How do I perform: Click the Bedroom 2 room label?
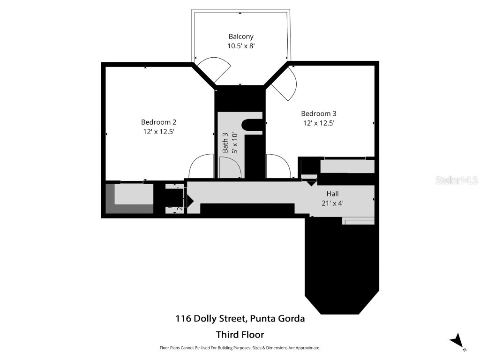(x=159, y=123)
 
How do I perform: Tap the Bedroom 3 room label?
(x=318, y=113)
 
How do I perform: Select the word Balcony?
(x=240, y=36)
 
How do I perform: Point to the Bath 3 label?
(x=225, y=142)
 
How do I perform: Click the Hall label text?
(x=332, y=194)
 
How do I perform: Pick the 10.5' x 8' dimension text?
(x=240, y=46)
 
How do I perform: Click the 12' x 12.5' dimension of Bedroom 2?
(x=159, y=132)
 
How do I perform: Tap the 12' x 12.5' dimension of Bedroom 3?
(x=318, y=123)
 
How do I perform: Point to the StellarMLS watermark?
(x=456, y=180)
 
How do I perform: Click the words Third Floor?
(x=240, y=335)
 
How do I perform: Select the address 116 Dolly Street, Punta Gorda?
(x=240, y=319)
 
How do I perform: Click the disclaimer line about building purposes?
(x=240, y=348)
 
